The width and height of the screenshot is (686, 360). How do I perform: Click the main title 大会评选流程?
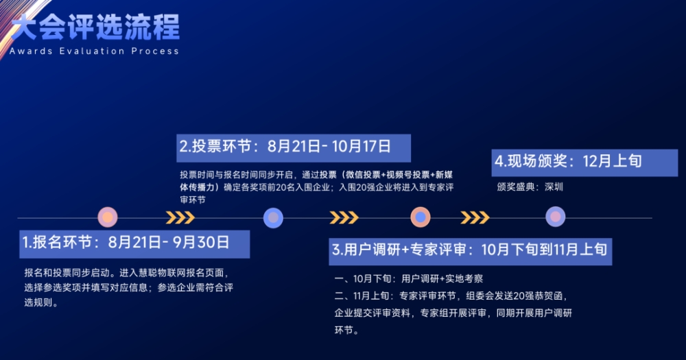click(x=95, y=27)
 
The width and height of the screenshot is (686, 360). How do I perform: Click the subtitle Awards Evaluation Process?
click(x=94, y=51)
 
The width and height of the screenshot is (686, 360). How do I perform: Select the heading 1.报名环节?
click(x=58, y=242)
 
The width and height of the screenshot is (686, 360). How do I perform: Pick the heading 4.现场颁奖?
click(x=531, y=161)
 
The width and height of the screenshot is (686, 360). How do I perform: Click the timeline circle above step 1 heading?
click(x=108, y=217)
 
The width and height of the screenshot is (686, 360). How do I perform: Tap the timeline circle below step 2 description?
click(x=274, y=218)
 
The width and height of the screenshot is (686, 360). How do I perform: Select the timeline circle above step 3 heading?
click(x=421, y=217)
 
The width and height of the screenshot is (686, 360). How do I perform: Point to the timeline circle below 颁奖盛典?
click(x=556, y=217)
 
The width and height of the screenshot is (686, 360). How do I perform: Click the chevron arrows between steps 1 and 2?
click(x=180, y=217)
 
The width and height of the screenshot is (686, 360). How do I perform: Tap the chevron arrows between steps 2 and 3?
click(x=344, y=217)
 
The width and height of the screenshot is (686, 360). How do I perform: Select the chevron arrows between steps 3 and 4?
click(x=475, y=217)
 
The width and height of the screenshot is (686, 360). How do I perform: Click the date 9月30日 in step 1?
click(x=201, y=242)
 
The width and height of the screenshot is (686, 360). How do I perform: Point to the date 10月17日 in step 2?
click(x=362, y=147)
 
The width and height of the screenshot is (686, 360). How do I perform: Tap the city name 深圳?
click(x=554, y=187)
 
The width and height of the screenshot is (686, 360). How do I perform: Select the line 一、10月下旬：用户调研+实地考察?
click(x=409, y=278)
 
